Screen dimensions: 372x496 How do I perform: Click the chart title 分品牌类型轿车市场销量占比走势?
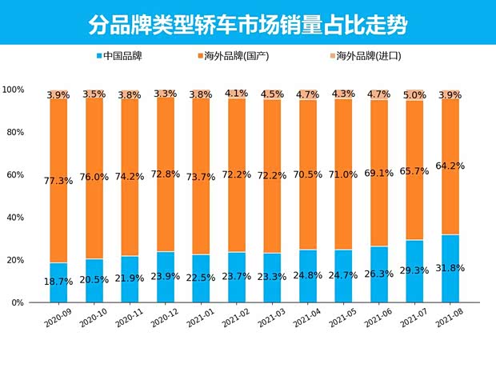click(x=248, y=24)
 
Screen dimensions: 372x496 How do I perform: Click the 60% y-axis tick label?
click(x=18, y=175)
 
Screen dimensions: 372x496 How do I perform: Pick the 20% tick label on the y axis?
click(x=18, y=260)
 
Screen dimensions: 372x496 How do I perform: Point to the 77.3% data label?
click(x=58, y=181)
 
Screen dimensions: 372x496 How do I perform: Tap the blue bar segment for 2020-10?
click(x=94, y=276)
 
